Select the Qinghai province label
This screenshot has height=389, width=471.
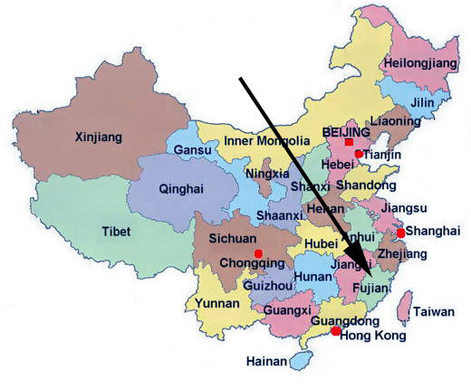coord(181,189)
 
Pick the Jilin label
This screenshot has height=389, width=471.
coord(423,103)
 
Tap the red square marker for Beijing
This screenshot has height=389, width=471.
coord(349,143)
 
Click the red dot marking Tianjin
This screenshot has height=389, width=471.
coord(359,155)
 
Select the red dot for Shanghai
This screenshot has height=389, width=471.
coord(400,232)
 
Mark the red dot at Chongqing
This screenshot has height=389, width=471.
coord(259,253)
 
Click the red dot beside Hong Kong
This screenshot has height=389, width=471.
coord(336,332)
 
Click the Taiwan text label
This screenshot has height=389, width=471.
coord(434,312)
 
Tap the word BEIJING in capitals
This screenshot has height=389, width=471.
coord(347,132)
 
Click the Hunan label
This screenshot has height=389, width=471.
coord(312,276)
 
